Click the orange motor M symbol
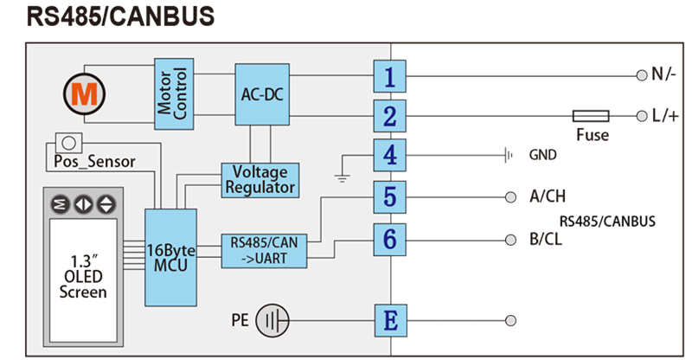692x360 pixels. point(84,93)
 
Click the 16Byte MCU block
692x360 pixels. point(170,256)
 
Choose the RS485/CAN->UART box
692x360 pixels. point(265,251)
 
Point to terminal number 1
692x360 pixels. point(390,77)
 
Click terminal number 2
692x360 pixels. point(390,115)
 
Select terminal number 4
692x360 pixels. point(390,156)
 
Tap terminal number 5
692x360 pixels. point(390,196)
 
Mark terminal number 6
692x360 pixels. point(390,238)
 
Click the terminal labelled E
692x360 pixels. point(390,321)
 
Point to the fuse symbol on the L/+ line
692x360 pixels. point(592,115)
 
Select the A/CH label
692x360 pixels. point(548,196)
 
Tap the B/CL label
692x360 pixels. point(545,239)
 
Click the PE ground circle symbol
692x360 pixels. point(274,321)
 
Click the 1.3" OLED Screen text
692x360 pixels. point(83,276)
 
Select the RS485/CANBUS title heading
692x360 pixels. point(120,16)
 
